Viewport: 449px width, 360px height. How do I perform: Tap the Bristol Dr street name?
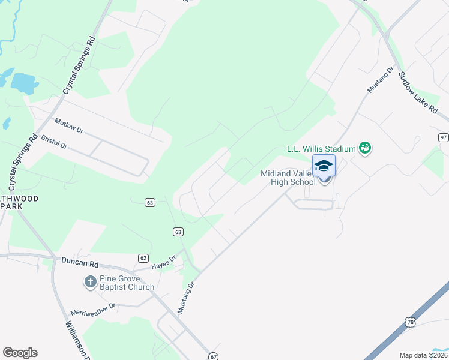click(x=54, y=142)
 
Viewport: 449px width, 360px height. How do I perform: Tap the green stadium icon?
click(x=364, y=148)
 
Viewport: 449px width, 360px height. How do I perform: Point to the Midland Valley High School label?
click(x=287, y=178)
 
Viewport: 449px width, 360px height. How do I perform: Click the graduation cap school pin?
click(x=324, y=166)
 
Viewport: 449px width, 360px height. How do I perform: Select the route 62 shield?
click(x=143, y=258)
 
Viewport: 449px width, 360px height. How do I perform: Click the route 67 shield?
click(x=214, y=356)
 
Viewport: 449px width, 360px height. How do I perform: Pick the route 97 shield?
click(x=443, y=137)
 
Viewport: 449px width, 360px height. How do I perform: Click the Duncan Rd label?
click(x=79, y=262)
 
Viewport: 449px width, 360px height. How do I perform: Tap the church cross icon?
click(x=90, y=282)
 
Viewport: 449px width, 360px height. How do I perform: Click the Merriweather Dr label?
click(x=93, y=309)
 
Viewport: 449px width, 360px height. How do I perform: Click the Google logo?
click(x=20, y=353)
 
